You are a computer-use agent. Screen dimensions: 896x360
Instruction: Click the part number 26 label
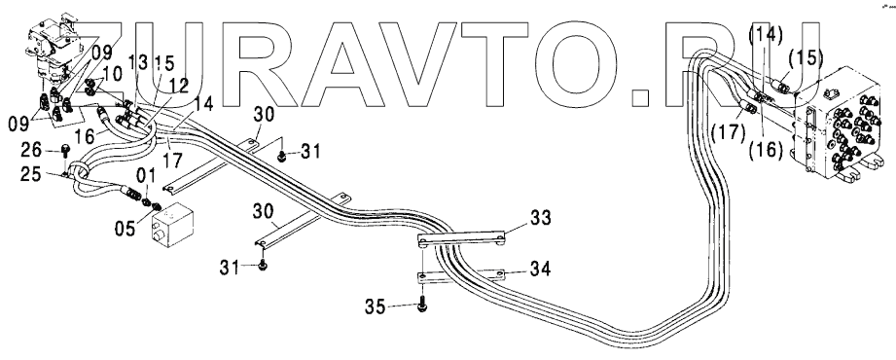pyautogui.click(x=31, y=150)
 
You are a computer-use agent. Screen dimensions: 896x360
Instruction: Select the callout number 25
pyautogui.click(x=30, y=174)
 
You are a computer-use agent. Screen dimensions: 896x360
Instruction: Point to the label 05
pyautogui.click(x=124, y=229)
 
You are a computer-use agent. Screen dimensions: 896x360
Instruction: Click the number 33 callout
pyautogui.click(x=540, y=218)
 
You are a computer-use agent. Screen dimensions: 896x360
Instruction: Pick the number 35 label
pyautogui.click(x=376, y=307)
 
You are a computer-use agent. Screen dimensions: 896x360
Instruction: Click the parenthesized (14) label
pyautogui.click(x=766, y=35)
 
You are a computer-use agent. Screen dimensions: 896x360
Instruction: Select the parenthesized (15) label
pyautogui.click(x=806, y=57)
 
